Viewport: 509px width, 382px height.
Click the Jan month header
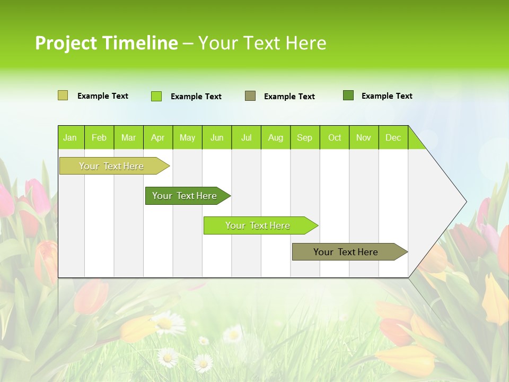pyautogui.click(x=70, y=138)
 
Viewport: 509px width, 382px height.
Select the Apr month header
pyautogui.click(x=157, y=138)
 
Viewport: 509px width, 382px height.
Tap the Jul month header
pyautogui.click(x=246, y=138)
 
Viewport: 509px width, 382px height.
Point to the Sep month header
pyautogui.click(x=304, y=138)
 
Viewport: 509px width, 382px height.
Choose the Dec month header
pyautogui.click(x=393, y=138)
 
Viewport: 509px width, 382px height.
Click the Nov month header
pyautogui.click(x=363, y=138)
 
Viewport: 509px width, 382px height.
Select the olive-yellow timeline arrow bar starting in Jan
pyautogui.click(x=112, y=166)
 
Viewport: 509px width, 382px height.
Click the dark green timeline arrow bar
pyautogui.click(x=185, y=196)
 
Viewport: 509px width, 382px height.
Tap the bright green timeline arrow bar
pyautogui.click(x=258, y=225)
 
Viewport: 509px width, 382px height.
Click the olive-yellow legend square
pyautogui.click(x=63, y=95)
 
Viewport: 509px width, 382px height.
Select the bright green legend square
pyautogui.click(x=156, y=96)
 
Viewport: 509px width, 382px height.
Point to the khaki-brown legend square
pyautogui.click(x=250, y=96)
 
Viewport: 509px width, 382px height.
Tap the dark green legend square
pyautogui.click(x=348, y=95)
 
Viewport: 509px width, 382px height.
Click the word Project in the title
pyautogui.click(x=66, y=43)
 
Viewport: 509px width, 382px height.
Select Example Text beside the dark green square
pyautogui.click(x=387, y=96)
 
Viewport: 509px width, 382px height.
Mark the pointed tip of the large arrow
pyautogui.click(x=466, y=202)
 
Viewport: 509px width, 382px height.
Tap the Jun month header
pyautogui.click(x=217, y=138)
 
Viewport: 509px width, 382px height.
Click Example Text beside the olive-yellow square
pyautogui.click(x=103, y=96)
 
